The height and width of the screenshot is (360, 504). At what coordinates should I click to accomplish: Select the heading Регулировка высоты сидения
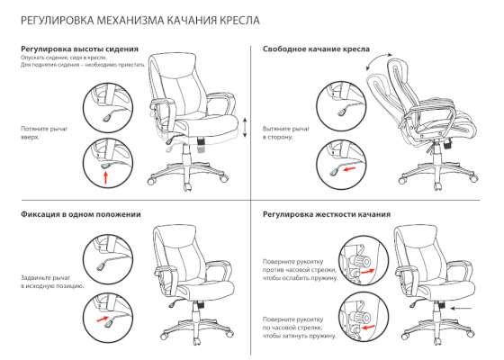80,49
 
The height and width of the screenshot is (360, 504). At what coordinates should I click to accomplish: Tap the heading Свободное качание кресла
316,49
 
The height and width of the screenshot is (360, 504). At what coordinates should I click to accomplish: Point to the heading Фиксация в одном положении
81,214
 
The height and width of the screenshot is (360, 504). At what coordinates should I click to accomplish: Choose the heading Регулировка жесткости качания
327,214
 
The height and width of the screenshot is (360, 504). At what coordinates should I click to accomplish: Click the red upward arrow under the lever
106,178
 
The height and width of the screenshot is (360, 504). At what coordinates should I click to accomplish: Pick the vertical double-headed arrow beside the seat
245,128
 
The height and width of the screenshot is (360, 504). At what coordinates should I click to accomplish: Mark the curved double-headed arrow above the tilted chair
379,60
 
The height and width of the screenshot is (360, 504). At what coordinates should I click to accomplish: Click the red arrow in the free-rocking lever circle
350,169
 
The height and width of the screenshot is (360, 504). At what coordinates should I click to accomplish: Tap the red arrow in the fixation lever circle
103,319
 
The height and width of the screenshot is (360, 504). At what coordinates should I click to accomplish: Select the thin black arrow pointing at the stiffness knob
462,309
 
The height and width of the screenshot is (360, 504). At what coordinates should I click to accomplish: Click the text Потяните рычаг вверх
44,133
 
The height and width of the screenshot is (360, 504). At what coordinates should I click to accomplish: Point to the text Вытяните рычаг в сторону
286,133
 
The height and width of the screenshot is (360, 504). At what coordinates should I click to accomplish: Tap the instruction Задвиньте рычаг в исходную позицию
52,282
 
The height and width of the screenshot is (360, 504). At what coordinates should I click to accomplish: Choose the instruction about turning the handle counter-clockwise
301,270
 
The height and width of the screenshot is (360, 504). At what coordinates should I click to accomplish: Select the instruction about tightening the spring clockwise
300,328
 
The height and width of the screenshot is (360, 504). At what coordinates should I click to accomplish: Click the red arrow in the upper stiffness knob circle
368,271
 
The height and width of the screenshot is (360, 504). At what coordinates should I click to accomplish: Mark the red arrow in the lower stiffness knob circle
368,328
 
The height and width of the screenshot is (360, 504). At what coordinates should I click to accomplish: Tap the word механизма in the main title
130,21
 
